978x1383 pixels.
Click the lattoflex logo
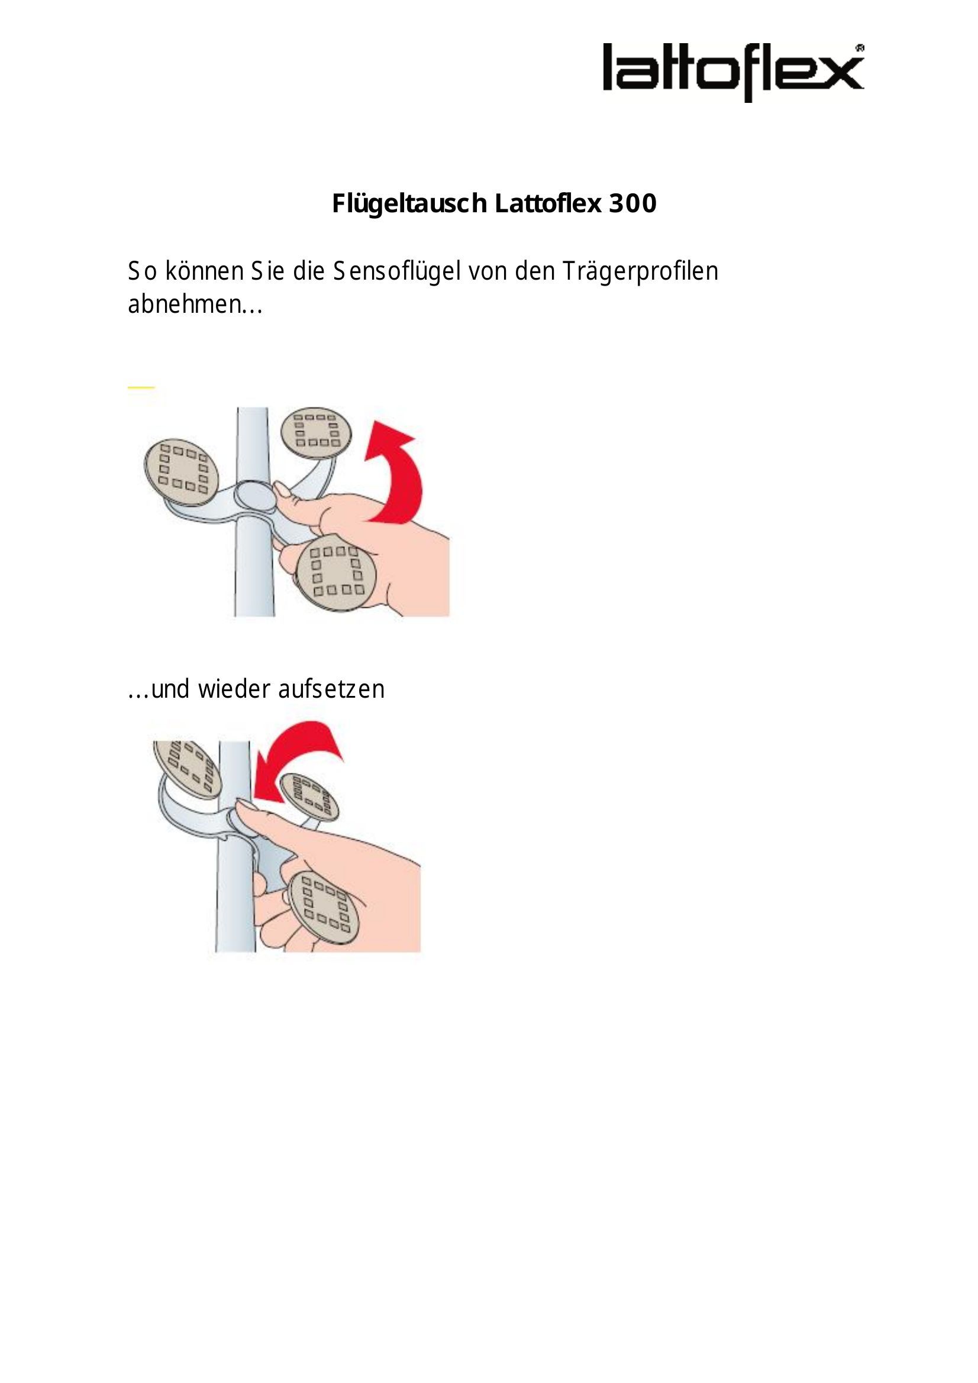tap(733, 72)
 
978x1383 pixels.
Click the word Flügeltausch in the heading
tap(410, 204)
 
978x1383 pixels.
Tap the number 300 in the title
tap(632, 204)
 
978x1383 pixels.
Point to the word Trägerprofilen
tap(641, 271)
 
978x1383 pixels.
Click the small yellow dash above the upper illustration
tap(141, 387)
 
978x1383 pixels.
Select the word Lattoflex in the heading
tap(548, 204)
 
